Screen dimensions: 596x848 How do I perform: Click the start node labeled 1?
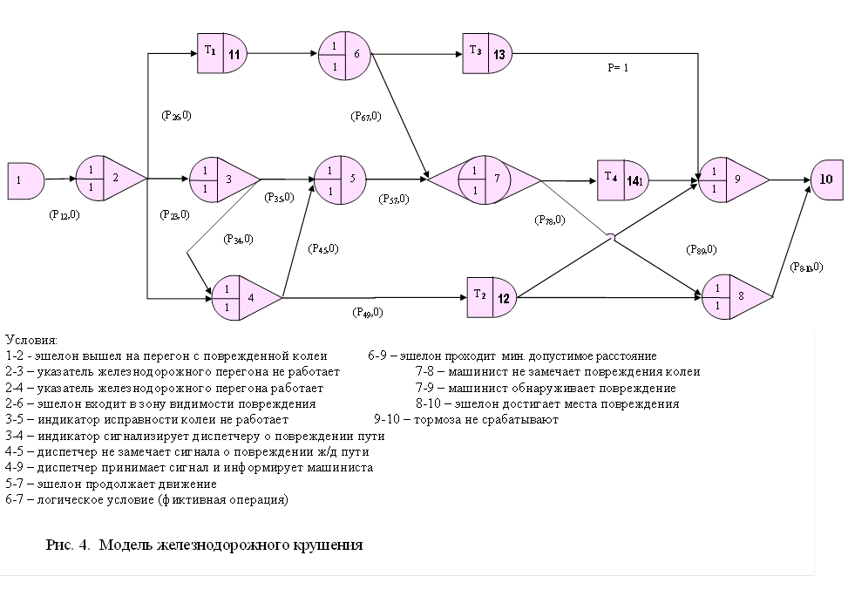[24, 179]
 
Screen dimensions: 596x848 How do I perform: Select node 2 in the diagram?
[109, 179]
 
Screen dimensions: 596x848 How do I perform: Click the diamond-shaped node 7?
[485, 180]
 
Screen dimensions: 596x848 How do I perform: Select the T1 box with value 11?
[223, 54]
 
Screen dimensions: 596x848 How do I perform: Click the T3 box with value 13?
[488, 54]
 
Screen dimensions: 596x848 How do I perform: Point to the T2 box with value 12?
[493, 296]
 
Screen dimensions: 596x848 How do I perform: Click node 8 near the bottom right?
[734, 296]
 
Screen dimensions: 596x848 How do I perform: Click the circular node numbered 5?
[342, 180]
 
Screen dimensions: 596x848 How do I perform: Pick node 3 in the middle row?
[221, 180]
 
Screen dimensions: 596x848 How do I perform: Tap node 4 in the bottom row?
[244, 297]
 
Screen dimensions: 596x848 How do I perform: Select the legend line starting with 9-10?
[465, 419]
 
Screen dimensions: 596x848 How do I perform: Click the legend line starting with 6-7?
[146, 499]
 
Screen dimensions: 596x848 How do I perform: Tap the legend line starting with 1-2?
[166, 356]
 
